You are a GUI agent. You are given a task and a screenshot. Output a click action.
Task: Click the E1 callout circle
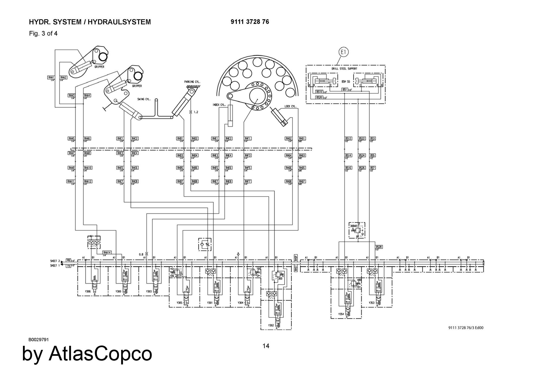click(343, 52)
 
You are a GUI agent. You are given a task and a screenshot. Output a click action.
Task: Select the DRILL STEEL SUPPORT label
click(344, 69)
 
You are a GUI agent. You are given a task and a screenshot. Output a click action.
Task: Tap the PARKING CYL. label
click(192, 82)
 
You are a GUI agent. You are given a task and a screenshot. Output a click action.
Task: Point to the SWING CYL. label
click(144, 99)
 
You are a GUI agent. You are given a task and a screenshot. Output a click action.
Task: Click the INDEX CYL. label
click(219, 105)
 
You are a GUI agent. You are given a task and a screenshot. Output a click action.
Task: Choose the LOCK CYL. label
click(291, 106)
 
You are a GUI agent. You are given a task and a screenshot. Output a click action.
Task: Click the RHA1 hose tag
click(51, 78)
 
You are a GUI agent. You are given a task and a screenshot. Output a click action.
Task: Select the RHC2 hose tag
click(134, 139)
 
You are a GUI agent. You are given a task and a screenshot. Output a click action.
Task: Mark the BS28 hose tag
click(379, 247)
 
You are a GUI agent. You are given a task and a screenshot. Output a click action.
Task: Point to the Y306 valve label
click(88, 291)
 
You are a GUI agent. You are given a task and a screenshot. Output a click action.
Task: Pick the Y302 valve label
click(271, 325)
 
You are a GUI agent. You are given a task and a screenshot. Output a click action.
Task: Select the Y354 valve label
click(341, 314)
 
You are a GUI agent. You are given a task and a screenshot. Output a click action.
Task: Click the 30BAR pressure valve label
click(354, 226)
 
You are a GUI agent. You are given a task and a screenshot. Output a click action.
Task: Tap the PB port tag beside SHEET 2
click(68, 261)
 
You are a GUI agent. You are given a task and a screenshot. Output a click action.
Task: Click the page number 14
click(266, 346)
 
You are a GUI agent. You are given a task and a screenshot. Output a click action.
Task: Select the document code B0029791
click(39, 340)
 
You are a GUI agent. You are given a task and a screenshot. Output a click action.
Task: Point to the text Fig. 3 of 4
click(43, 33)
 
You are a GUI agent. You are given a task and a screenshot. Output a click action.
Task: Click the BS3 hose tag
click(372, 139)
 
